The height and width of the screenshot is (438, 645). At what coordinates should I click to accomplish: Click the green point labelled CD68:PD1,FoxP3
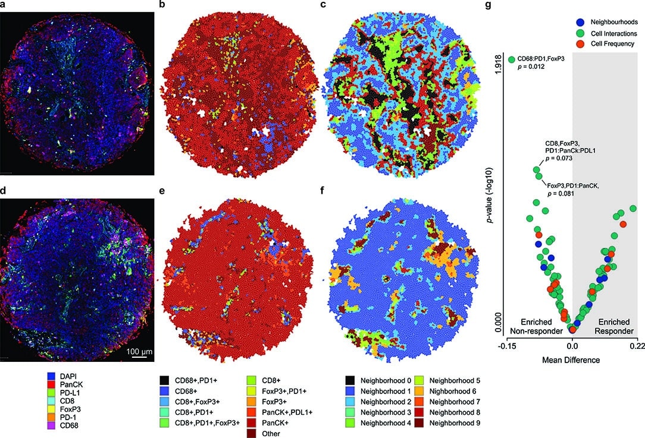[512, 59]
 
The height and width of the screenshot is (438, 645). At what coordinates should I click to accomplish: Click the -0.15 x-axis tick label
[506, 345]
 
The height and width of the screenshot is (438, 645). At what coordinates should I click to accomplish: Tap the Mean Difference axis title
[571, 360]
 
